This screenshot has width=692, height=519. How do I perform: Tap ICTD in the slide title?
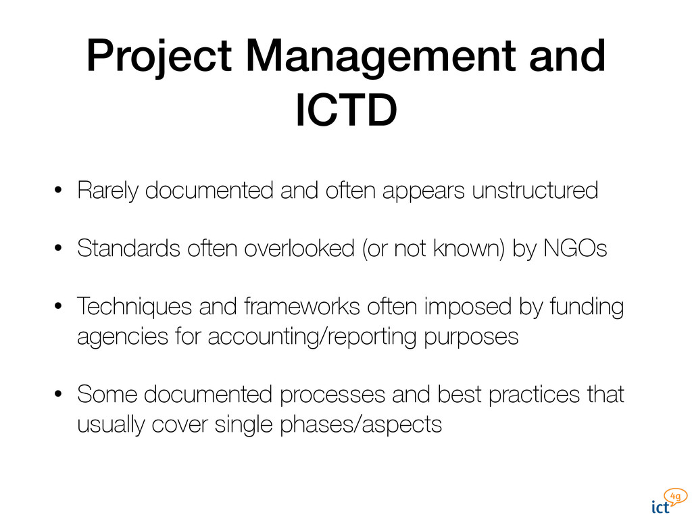pos(345,112)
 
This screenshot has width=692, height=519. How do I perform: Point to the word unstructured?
pos(535,191)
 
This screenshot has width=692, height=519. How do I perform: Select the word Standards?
pos(128,249)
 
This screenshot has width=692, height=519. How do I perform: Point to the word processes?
pos(331,394)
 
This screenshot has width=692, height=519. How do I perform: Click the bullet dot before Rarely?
pos(59,192)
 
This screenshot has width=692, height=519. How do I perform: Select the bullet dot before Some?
pos(59,395)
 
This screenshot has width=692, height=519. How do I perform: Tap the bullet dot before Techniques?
pos(59,308)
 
